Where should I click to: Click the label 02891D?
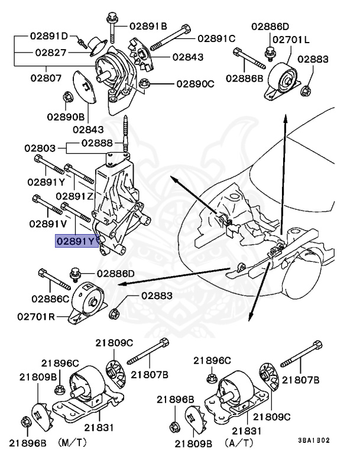(x=50, y=36)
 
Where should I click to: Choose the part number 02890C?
(x=195, y=84)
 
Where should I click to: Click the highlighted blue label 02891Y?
(x=76, y=241)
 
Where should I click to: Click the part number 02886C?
(x=51, y=300)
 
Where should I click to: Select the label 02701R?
(x=35, y=317)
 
